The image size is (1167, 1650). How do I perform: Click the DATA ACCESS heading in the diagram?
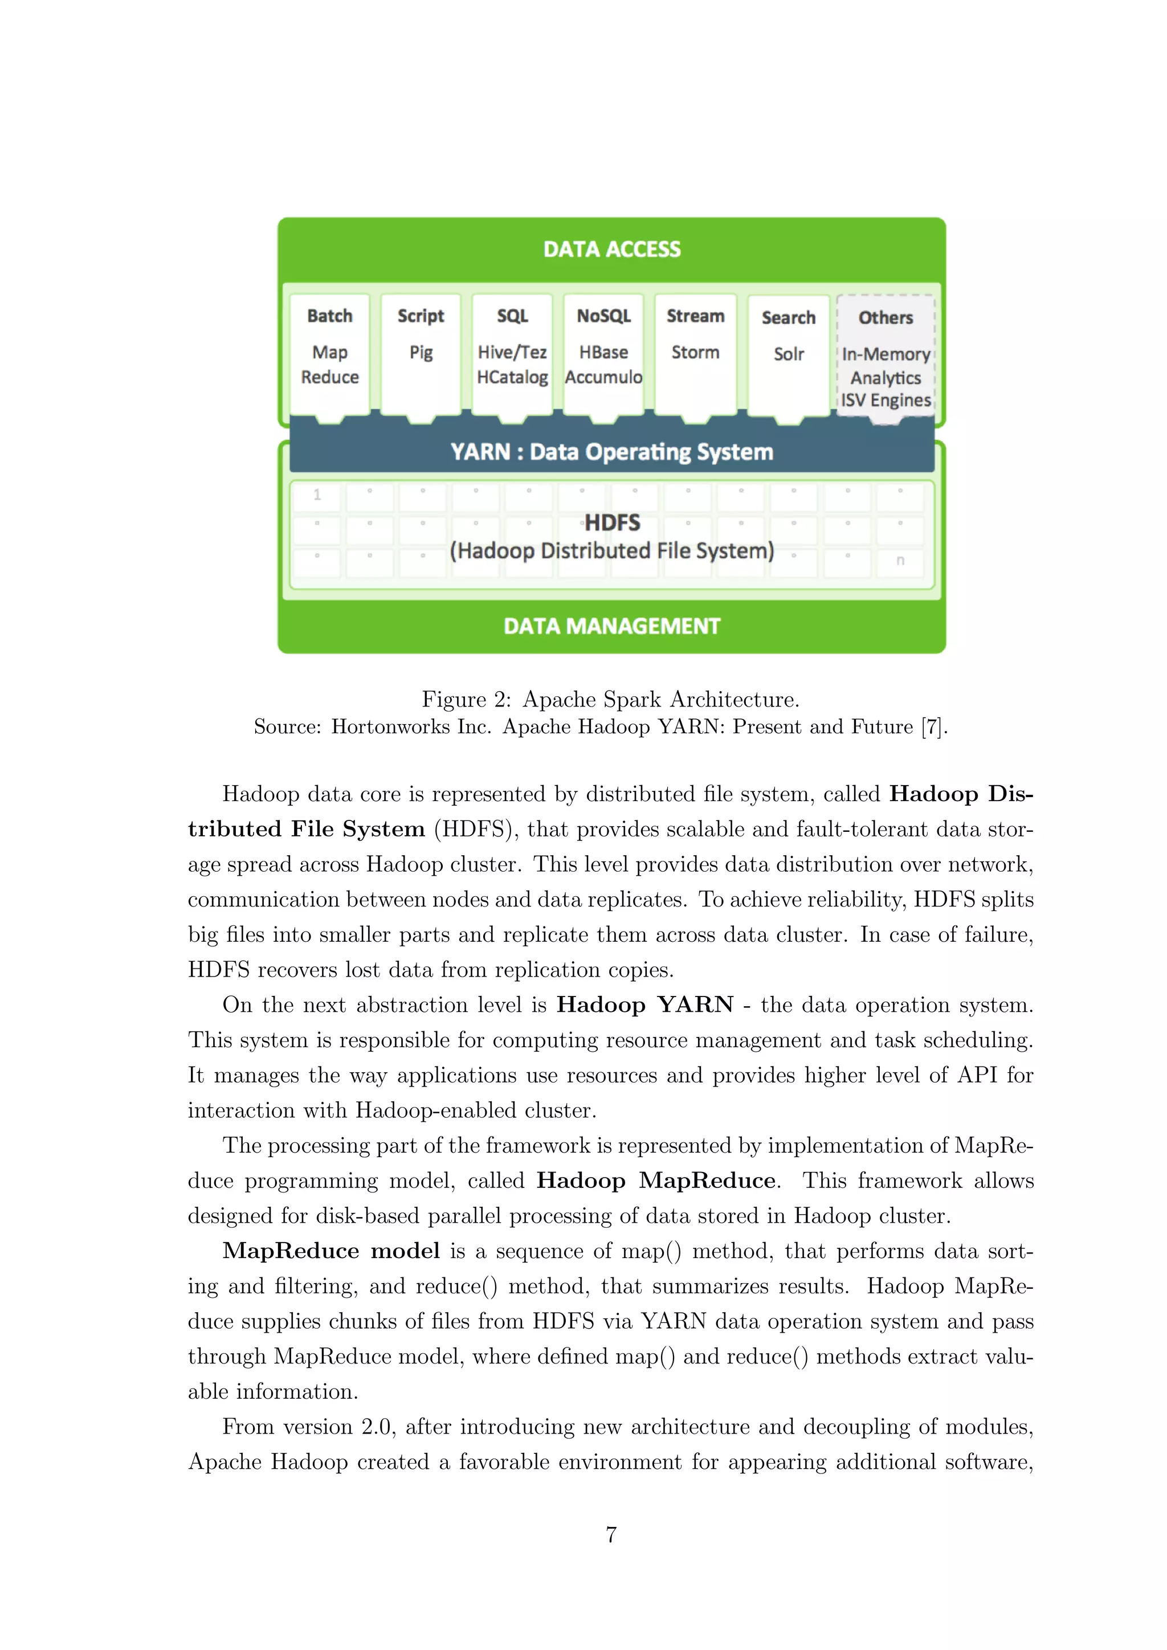coord(611,250)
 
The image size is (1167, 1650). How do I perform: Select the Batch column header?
coord(330,316)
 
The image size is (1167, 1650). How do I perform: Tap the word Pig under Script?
coord(421,353)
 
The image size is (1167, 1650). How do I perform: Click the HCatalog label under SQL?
coord(512,377)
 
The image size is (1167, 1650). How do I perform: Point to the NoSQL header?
coord(603,316)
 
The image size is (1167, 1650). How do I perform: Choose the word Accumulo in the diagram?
coord(603,377)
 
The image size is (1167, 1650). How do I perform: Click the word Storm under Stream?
coord(695,353)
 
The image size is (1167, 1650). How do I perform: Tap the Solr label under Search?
coord(788,354)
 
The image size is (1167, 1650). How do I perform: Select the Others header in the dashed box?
coord(886,318)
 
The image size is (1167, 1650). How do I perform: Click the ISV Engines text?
coord(886,401)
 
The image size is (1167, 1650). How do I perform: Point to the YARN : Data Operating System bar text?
coord(611,452)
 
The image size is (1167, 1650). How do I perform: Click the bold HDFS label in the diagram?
coord(611,522)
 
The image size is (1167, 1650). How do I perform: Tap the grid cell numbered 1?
coord(317,495)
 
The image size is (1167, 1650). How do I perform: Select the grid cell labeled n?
coord(900,561)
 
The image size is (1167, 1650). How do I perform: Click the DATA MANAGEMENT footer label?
coord(611,626)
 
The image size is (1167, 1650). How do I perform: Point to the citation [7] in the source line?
coord(933,727)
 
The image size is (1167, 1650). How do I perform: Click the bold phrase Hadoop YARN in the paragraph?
coord(644,1004)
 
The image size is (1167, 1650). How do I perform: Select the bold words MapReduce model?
coord(330,1251)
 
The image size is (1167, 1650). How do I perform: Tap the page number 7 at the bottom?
coord(611,1534)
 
